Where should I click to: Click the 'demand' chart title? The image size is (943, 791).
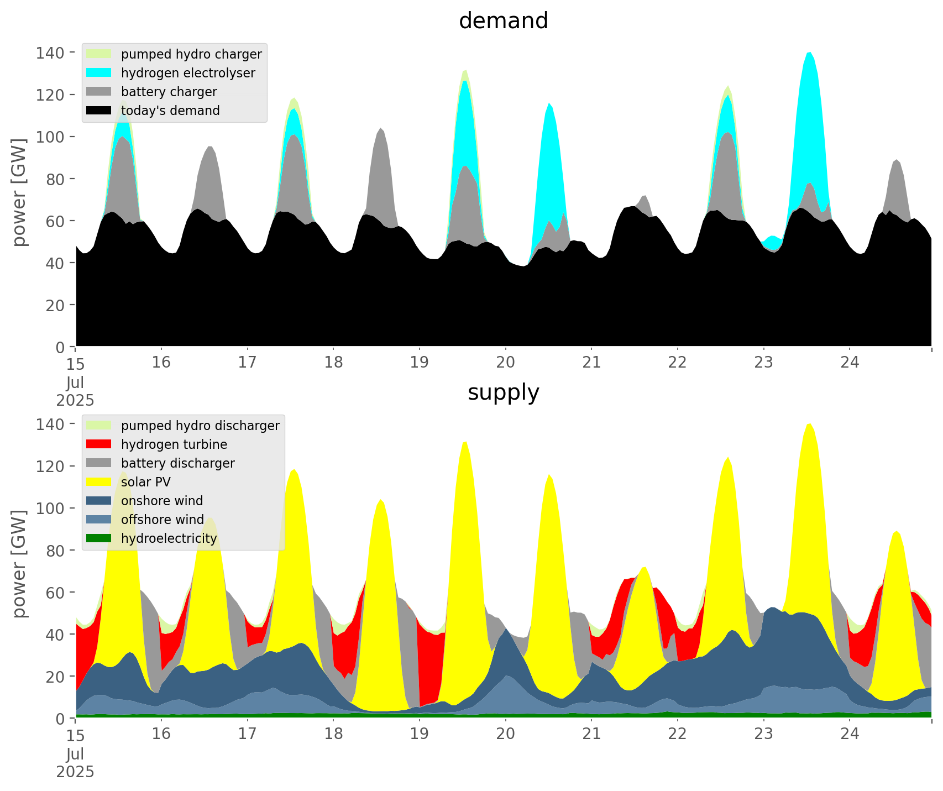pos(503,21)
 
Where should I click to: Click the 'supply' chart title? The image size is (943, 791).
pos(503,392)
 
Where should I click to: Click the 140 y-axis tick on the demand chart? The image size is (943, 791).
pos(50,53)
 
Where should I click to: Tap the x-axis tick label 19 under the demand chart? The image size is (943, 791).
pos(420,363)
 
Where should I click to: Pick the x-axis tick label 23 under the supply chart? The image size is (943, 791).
pos(763,734)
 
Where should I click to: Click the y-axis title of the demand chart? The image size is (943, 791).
pos(19,192)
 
